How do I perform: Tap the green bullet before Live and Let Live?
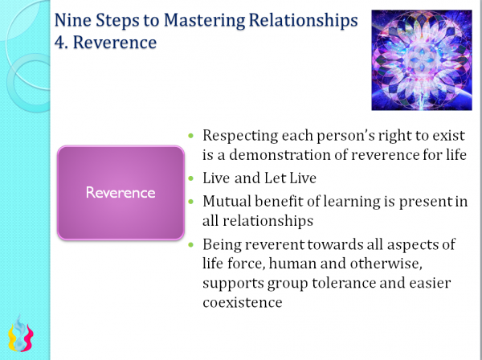click(x=190, y=178)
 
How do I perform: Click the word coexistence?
click(x=243, y=303)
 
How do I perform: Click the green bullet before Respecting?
click(x=190, y=136)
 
